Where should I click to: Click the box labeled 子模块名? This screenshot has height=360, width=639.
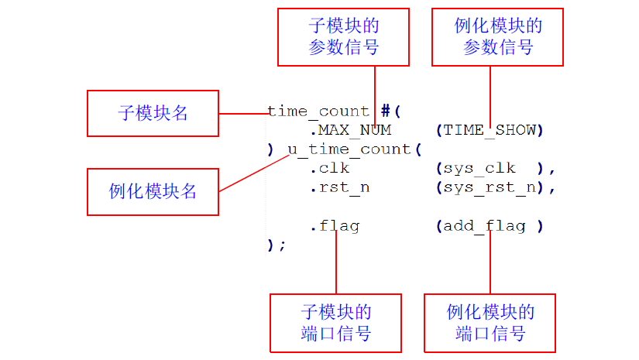click(x=153, y=114)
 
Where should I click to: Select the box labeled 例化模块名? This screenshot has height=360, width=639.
click(x=153, y=191)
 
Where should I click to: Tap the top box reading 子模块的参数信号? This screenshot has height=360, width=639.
click(x=343, y=36)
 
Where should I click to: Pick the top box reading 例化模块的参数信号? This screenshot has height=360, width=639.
click(x=498, y=36)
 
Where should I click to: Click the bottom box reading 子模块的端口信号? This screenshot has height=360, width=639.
click(x=335, y=323)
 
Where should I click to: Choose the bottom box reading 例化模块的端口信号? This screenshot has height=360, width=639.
click(x=490, y=323)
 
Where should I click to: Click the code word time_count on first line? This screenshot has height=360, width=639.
click(x=318, y=111)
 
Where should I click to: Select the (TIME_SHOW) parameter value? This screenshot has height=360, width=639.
click(x=490, y=129)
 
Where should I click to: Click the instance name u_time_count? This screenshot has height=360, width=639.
click(x=349, y=149)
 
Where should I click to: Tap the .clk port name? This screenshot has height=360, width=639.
click(x=329, y=168)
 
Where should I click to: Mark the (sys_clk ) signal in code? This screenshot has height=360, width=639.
click(x=490, y=168)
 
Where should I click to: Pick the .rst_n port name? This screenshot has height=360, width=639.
click(x=338, y=187)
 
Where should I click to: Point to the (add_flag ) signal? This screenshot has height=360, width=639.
click(x=490, y=226)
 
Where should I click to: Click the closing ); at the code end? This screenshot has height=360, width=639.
click(x=277, y=245)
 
